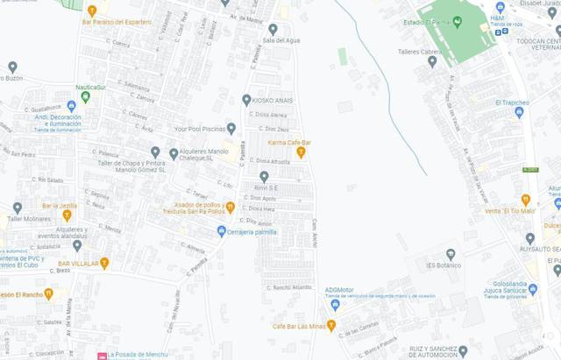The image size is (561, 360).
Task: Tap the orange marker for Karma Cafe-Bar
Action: tap(301, 152)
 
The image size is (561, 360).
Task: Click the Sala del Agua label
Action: tap(280, 40)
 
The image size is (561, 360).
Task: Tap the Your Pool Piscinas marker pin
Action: tap(231, 128)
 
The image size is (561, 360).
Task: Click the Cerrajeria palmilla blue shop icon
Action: tap(222, 231)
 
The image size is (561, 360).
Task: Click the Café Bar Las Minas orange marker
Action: tap(333, 326)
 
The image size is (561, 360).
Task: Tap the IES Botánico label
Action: tap(444, 265)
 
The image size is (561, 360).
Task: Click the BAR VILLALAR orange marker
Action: tap(104, 262)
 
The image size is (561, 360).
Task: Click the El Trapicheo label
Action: tap(512, 102)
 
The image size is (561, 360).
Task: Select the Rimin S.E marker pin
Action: tap(264, 176)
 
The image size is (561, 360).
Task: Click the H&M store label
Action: tap(497, 18)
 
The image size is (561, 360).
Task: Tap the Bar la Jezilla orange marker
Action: tap(67, 215)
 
